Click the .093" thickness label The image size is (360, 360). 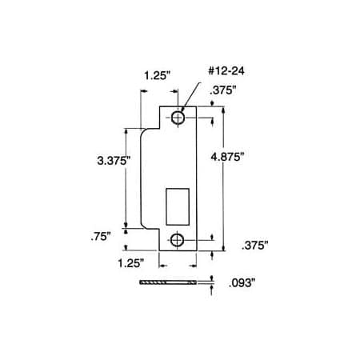[242, 282]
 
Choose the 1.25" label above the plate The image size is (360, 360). [157, 77]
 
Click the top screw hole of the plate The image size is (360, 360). [177, 118]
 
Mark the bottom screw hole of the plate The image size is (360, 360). [177, 241]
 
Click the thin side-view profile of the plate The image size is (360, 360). [168, 283]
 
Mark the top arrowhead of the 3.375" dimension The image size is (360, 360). [125, 130]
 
